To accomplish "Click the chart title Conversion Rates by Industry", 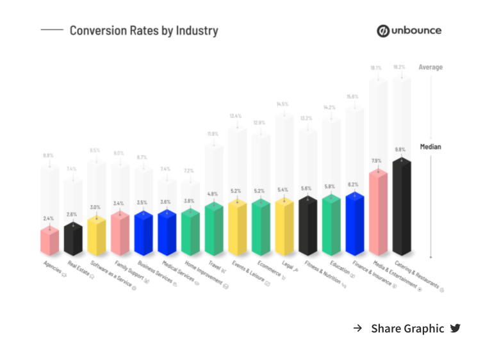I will pos(143,30).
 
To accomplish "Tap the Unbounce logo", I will pos(409,30).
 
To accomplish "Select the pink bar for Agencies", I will pos(49,240).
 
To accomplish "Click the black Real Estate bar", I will pos(72,238).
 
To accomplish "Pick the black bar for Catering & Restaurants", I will pos(402,208).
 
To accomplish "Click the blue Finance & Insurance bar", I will pos(354,224).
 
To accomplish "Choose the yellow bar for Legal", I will pos(284,227).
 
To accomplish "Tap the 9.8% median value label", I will pos(400,149).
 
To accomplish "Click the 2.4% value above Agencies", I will pos(49,218).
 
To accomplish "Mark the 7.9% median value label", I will pos(377,161).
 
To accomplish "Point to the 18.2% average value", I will pos(399,67).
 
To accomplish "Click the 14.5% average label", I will pos(282,104).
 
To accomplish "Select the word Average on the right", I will pos(430,67).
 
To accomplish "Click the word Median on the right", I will pos(430,147).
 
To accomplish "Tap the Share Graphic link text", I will pos(407,329).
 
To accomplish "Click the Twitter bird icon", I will pos(455,329).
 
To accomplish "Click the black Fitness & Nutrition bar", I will pos(307,225).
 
